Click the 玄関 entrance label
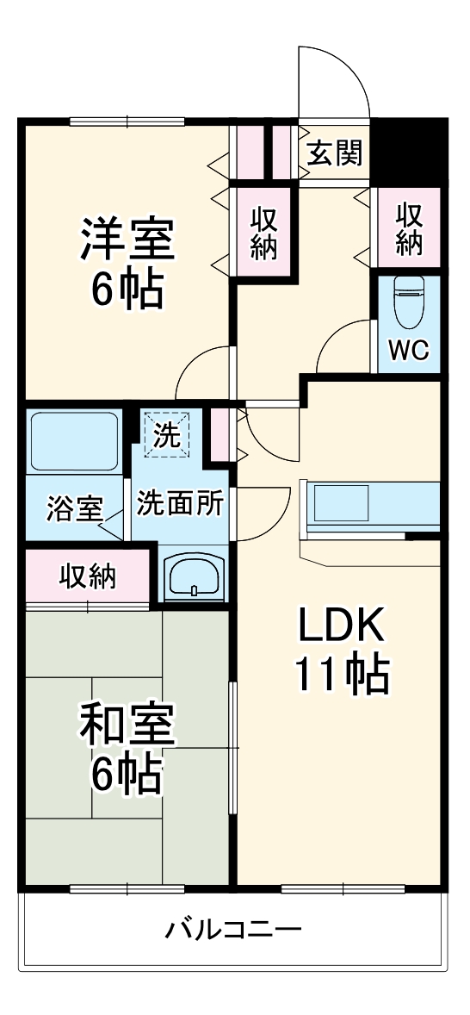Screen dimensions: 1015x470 335,154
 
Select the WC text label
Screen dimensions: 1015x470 407,351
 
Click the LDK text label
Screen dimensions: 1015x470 341,627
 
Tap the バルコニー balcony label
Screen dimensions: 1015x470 233,931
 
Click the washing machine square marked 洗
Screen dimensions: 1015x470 167,432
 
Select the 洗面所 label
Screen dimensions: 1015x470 180,503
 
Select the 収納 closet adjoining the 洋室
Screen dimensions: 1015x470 264,232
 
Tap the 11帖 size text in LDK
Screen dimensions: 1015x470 341,676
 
